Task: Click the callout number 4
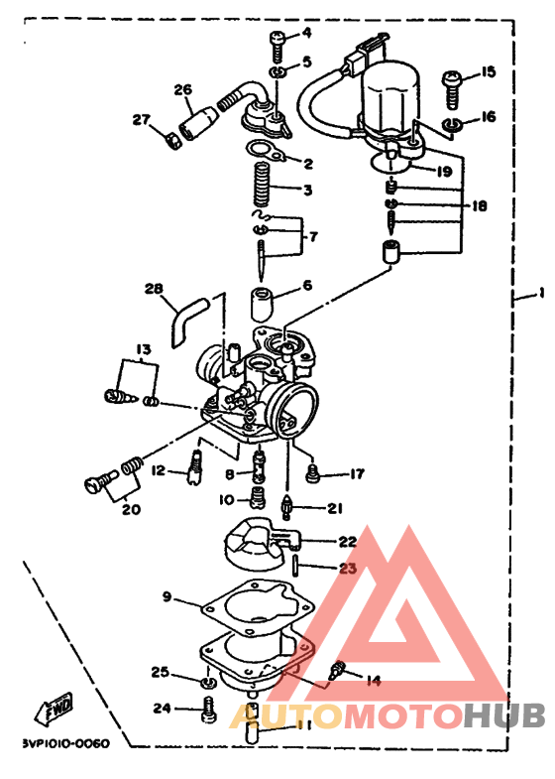tap(306, 33)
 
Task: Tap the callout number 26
tap(182, 90)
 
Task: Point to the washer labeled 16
tap(455, 125)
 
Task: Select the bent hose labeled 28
tap(186, 321)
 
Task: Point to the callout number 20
tap(131, 510)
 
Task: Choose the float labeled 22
tap(262, 544)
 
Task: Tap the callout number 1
tap(541, 294)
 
